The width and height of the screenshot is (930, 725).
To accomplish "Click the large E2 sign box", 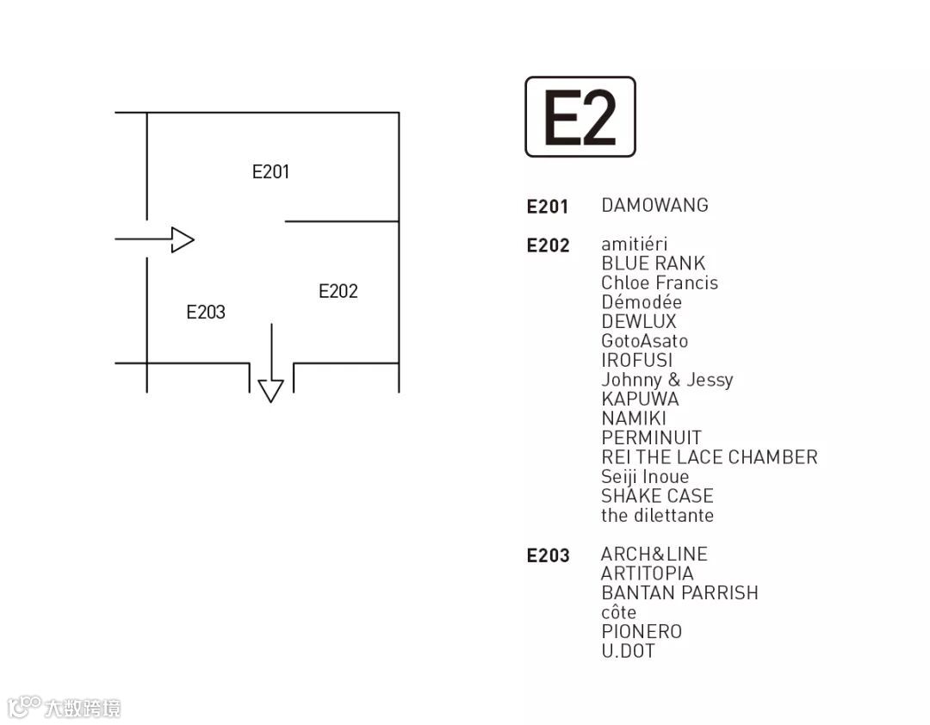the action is click(580, 117).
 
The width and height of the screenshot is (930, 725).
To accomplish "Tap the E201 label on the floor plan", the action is click(270, 172).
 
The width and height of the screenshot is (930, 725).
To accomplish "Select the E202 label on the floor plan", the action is click(338, 291).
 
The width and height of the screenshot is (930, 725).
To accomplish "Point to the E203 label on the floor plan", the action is click(206, 313).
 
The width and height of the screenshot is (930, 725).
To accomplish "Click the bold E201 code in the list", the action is click(548, 207).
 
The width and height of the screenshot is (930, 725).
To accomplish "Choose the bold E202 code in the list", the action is click(548, 246).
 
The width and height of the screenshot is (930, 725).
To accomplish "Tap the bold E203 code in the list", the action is click(548, 556).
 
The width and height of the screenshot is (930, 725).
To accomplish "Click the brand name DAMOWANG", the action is click(654, 206).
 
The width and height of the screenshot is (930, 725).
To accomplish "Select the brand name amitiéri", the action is click(634, 245).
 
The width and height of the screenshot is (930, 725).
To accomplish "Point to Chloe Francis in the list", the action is click(659, 283).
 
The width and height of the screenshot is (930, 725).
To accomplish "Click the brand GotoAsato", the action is click(644, 341).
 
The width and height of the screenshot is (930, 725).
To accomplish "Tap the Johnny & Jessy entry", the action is click(666, 380).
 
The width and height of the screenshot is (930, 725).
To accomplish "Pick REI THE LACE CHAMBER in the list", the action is click(709, 457).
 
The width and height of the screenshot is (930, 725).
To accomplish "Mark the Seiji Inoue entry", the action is click(645, 477).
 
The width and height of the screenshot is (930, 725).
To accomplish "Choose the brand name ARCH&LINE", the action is click(654, 555).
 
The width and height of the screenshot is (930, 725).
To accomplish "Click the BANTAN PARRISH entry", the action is click(679, 593).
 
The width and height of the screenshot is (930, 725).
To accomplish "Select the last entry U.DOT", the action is click(628, 651).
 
